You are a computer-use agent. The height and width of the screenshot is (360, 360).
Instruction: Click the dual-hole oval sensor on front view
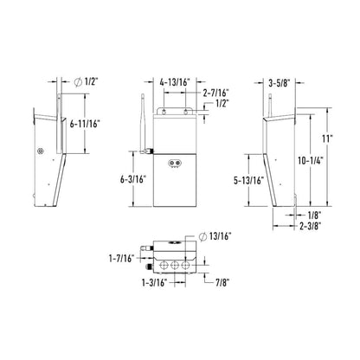click(178, 163)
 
